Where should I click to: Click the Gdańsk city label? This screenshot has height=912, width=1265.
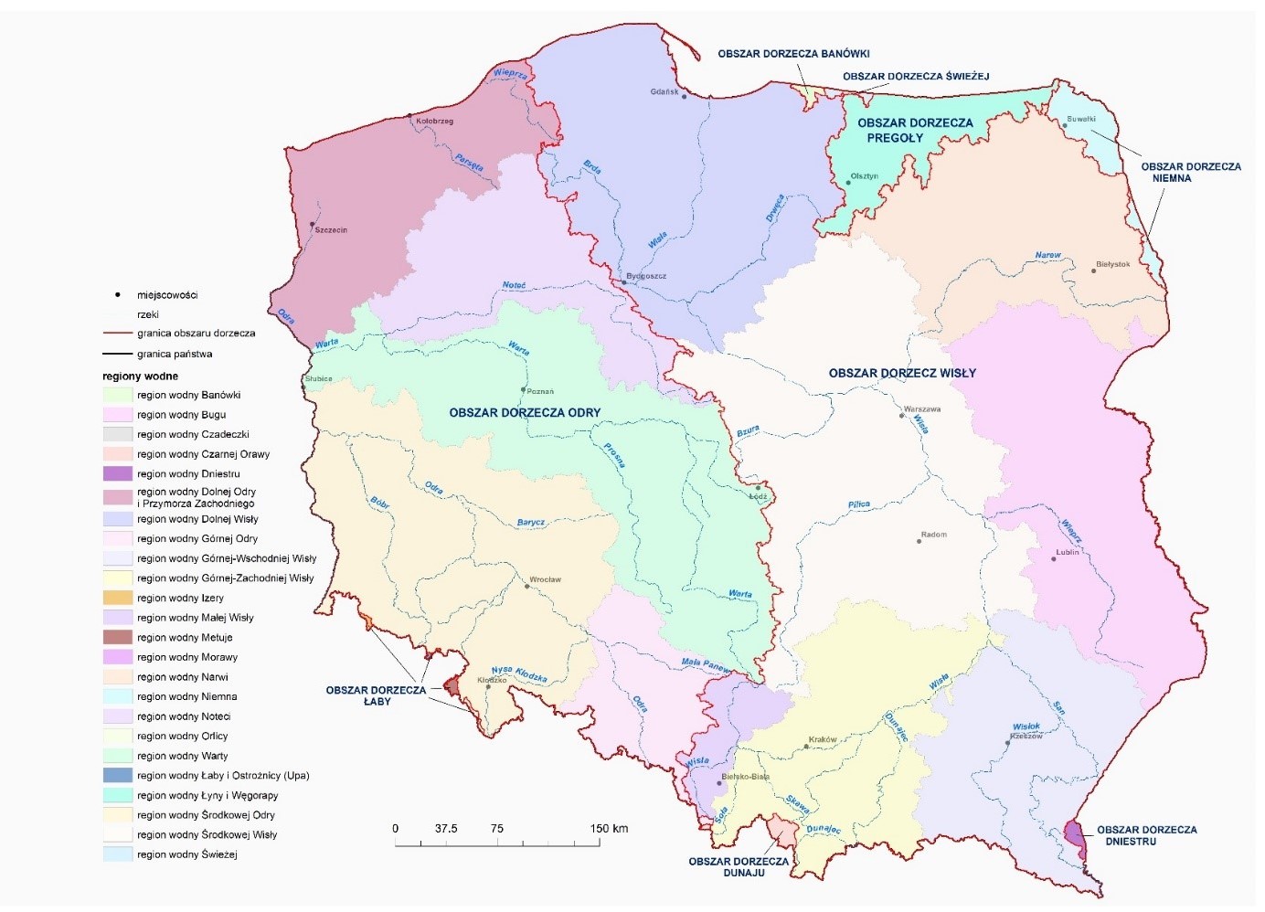[664, 91]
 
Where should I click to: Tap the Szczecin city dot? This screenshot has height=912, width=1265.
[313, 224]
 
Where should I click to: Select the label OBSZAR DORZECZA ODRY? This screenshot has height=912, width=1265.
[525, 413]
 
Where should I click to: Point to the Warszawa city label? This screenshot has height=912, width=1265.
[921, 409]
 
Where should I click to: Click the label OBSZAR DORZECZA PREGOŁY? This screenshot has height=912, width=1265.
[914, 131]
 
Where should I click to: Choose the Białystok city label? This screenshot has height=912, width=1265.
[1112, 265]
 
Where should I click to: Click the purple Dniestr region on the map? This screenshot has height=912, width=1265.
[1076, 835]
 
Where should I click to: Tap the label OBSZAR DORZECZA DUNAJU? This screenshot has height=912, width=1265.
[739, 866]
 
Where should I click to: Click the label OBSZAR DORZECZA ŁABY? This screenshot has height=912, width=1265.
[376, 695]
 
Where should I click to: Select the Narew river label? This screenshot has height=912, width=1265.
[1047, 256]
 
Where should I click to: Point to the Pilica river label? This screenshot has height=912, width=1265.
[858, 504]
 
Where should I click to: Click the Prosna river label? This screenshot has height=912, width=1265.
[614, 455]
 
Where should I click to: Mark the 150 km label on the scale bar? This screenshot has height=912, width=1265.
[609, 829]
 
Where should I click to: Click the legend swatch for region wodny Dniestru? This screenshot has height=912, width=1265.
[118, 474]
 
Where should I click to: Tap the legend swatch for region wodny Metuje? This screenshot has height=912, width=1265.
[118, 638]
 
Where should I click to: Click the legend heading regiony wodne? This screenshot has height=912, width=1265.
[140, 376]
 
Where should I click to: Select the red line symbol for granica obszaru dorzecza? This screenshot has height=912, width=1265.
[118, 334]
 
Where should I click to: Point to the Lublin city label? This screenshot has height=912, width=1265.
[1067, 552]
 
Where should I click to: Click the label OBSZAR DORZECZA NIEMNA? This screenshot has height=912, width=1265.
[1190, 173]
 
